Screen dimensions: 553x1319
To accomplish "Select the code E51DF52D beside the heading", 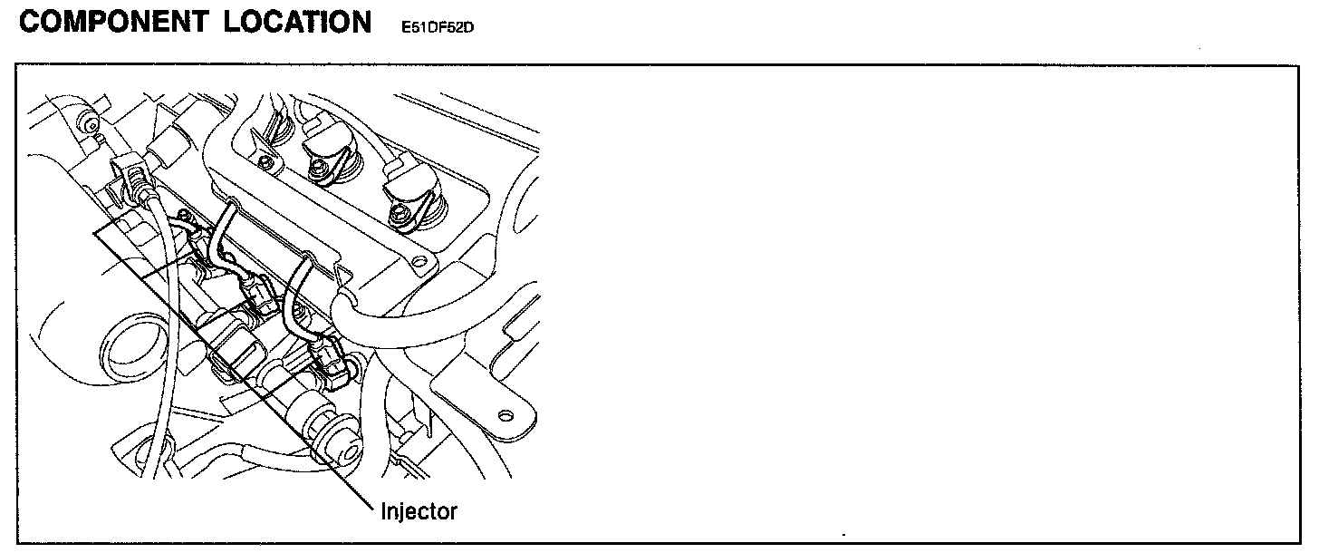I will coord(438,27).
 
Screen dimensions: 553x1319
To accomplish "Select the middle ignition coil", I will coord(329,150).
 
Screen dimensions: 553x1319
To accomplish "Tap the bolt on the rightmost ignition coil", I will coord(399,215).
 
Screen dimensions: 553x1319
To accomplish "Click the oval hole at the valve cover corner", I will coord(418,264).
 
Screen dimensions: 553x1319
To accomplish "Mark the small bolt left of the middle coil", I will coord(264,162).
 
